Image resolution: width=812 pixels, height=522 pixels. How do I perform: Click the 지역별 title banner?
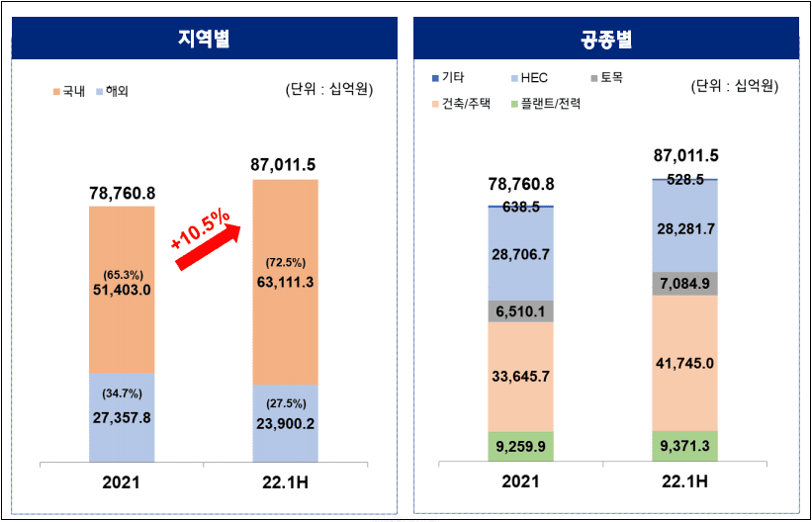pyautogui.click(x=204, y=41)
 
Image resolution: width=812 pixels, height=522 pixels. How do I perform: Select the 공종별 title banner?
pyautogui.click(x=607, y=41)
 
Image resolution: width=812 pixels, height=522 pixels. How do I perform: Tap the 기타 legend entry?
pyautogui.click(x=456, y=76)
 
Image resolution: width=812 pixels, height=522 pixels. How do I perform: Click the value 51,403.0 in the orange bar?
pyautogui.click(x=121, y=290)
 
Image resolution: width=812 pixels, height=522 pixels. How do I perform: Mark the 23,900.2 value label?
pyautogui.click(x=285, y=425)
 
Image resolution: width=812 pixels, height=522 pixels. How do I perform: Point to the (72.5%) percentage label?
pyautogui.click(x=285, y=263)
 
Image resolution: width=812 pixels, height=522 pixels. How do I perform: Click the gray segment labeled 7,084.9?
pyautogui.click(x=685, y=285)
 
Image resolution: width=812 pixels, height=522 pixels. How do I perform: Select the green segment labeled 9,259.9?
pyautogui.click(x=520, y=445)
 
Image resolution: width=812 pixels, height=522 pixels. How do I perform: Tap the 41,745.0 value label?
pyautogui.click(x=685, y=363)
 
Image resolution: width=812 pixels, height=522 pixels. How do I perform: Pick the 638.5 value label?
pyautogui.click(x=520, y=208)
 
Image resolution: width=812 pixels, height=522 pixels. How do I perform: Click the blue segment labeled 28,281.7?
pyautogui.click(x=685, y=229)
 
